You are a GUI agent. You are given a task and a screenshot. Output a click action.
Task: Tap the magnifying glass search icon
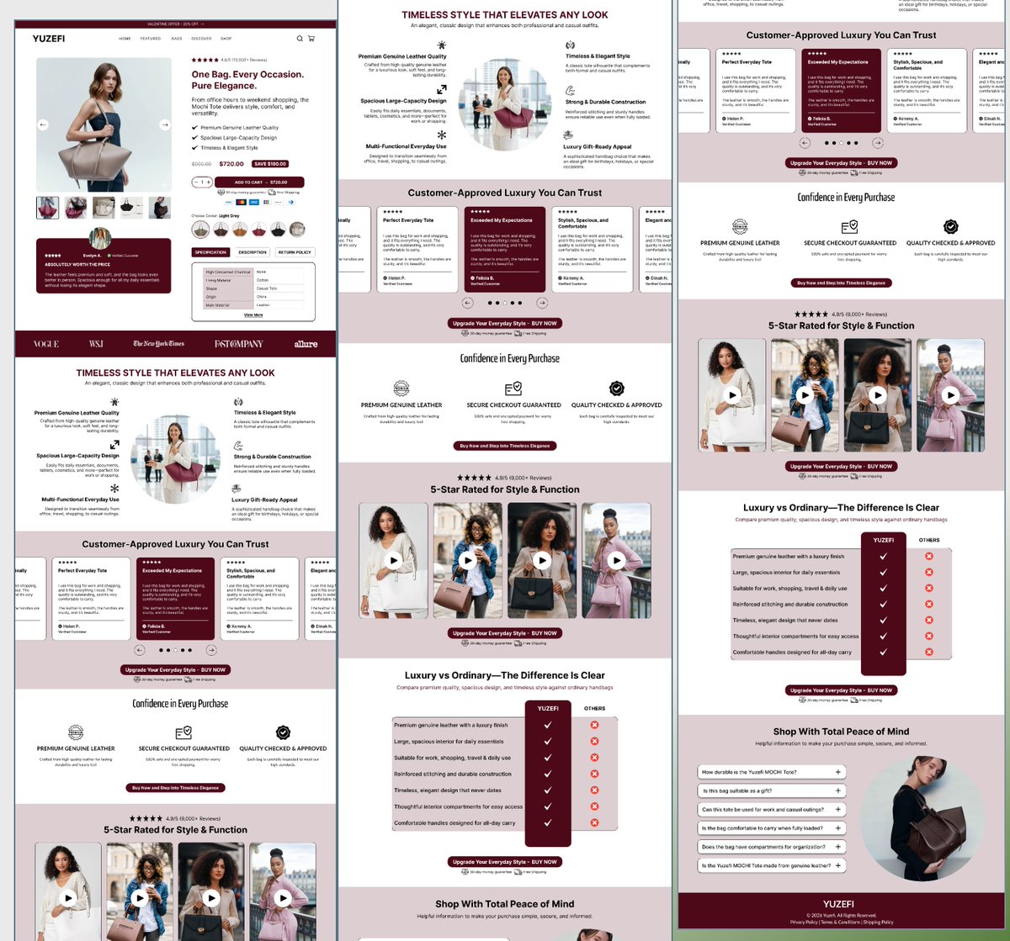300,39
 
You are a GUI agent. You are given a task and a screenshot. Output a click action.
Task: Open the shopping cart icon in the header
311,39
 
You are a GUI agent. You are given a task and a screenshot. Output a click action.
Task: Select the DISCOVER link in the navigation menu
201,39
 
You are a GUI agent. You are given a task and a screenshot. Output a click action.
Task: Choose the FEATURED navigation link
151,39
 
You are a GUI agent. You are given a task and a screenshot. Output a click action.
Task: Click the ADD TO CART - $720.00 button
260,182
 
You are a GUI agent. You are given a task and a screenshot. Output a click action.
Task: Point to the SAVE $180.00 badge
270,164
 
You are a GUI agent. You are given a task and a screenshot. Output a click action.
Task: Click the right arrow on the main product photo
164,125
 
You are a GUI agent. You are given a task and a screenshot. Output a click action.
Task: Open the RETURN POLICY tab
295,252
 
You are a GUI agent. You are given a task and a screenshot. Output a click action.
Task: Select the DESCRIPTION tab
252,252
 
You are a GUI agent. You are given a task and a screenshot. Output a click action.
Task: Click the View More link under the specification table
253,315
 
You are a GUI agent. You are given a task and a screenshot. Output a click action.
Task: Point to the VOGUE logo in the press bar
46,344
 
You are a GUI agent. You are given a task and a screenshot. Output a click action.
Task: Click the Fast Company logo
238,344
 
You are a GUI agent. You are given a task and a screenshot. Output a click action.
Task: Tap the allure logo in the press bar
306,344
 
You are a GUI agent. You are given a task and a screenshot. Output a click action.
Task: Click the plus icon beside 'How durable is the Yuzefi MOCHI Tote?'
838,772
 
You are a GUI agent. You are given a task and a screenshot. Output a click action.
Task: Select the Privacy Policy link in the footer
804,922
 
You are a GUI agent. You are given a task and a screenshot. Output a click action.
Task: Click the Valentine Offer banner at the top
175,24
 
